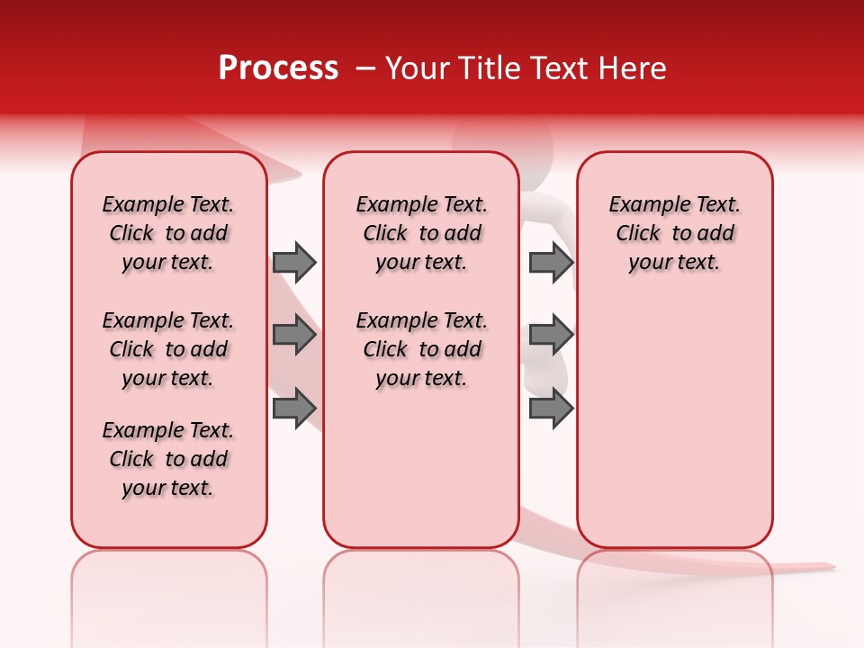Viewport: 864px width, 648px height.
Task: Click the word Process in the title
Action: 278,68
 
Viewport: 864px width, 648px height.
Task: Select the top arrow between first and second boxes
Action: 294,262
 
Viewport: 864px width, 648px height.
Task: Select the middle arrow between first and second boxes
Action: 294,336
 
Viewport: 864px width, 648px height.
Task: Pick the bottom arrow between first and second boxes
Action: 294,409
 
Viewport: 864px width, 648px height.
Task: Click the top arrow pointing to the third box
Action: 551,262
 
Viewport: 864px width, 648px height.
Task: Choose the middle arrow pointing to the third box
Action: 551,336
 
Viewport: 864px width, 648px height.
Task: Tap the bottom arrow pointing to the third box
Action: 551,409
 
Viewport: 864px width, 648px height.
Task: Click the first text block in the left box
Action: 168,233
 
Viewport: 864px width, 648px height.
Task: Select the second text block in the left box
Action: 168,349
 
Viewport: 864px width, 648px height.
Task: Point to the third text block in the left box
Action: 168,459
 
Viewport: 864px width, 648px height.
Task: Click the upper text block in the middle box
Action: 422,233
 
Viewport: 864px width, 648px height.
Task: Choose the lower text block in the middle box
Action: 422,349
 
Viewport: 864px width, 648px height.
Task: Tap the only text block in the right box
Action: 675,233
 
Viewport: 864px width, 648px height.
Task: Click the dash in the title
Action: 365,68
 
